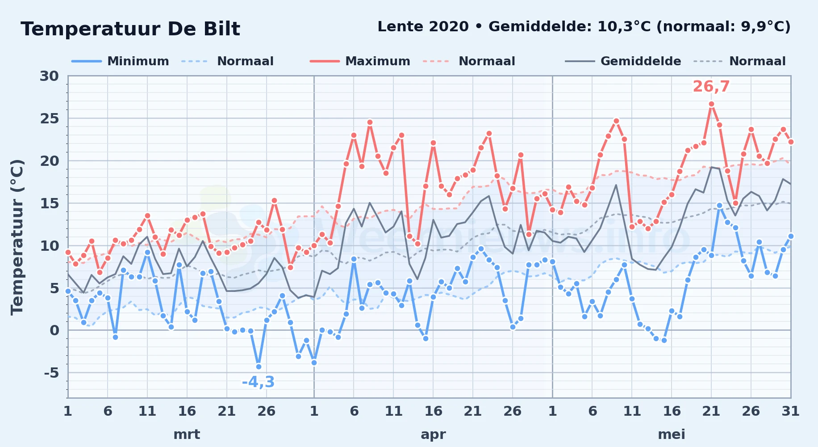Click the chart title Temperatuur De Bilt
click(130, 29)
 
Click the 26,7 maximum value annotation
click(711, 86)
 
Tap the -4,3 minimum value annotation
click(258, 382)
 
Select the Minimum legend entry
click(120, 61)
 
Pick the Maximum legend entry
click(360, 61)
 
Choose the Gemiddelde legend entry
click(623, 61)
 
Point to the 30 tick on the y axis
click(49, 76)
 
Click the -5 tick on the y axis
click(51, 372)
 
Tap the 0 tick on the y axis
click(54, 330)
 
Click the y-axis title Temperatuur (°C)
click(17, 237)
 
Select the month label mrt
click(187, 434)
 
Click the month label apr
click(433, 434)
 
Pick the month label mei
click(672, 434)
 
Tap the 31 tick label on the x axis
click(790, 411)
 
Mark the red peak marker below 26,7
click(711, 104)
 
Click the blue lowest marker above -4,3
click(259, 367)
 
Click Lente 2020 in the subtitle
click(423, 27)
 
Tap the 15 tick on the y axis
click(50, 203)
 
